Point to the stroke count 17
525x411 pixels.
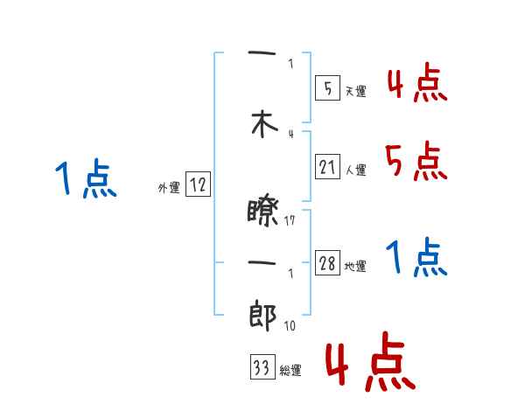click(x=290, y=220)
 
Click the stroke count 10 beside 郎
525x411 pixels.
click(x=290, y=326)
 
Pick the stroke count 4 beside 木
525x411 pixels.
click(x=290, y=133)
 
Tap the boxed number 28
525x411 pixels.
click(x=327, y=264)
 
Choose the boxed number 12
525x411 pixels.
click(x=198, y=185)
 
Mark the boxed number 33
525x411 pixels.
click(x=261, y=368)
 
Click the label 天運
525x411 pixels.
click(x=355, y=90)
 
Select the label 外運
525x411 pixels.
click(x=168, y=188)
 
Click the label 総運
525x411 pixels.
click(x=290, y=371)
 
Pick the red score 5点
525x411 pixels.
click(x=416, y=161)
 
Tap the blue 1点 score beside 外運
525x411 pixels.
click(x=85, y=179)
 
